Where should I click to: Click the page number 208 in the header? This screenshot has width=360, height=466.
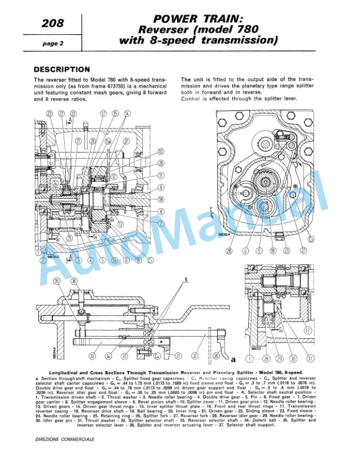click(54, 24)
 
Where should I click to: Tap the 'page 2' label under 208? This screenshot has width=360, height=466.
click(53, 44)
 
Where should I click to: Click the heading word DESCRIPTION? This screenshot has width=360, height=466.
click(62, 69)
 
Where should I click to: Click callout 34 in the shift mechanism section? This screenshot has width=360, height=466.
click(108, 357)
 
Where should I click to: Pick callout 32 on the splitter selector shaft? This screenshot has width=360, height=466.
click(194, 357)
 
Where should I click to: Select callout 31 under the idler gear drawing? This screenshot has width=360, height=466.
click(309, 357)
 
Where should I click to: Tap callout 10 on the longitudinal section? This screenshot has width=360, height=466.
click(160, 152)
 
